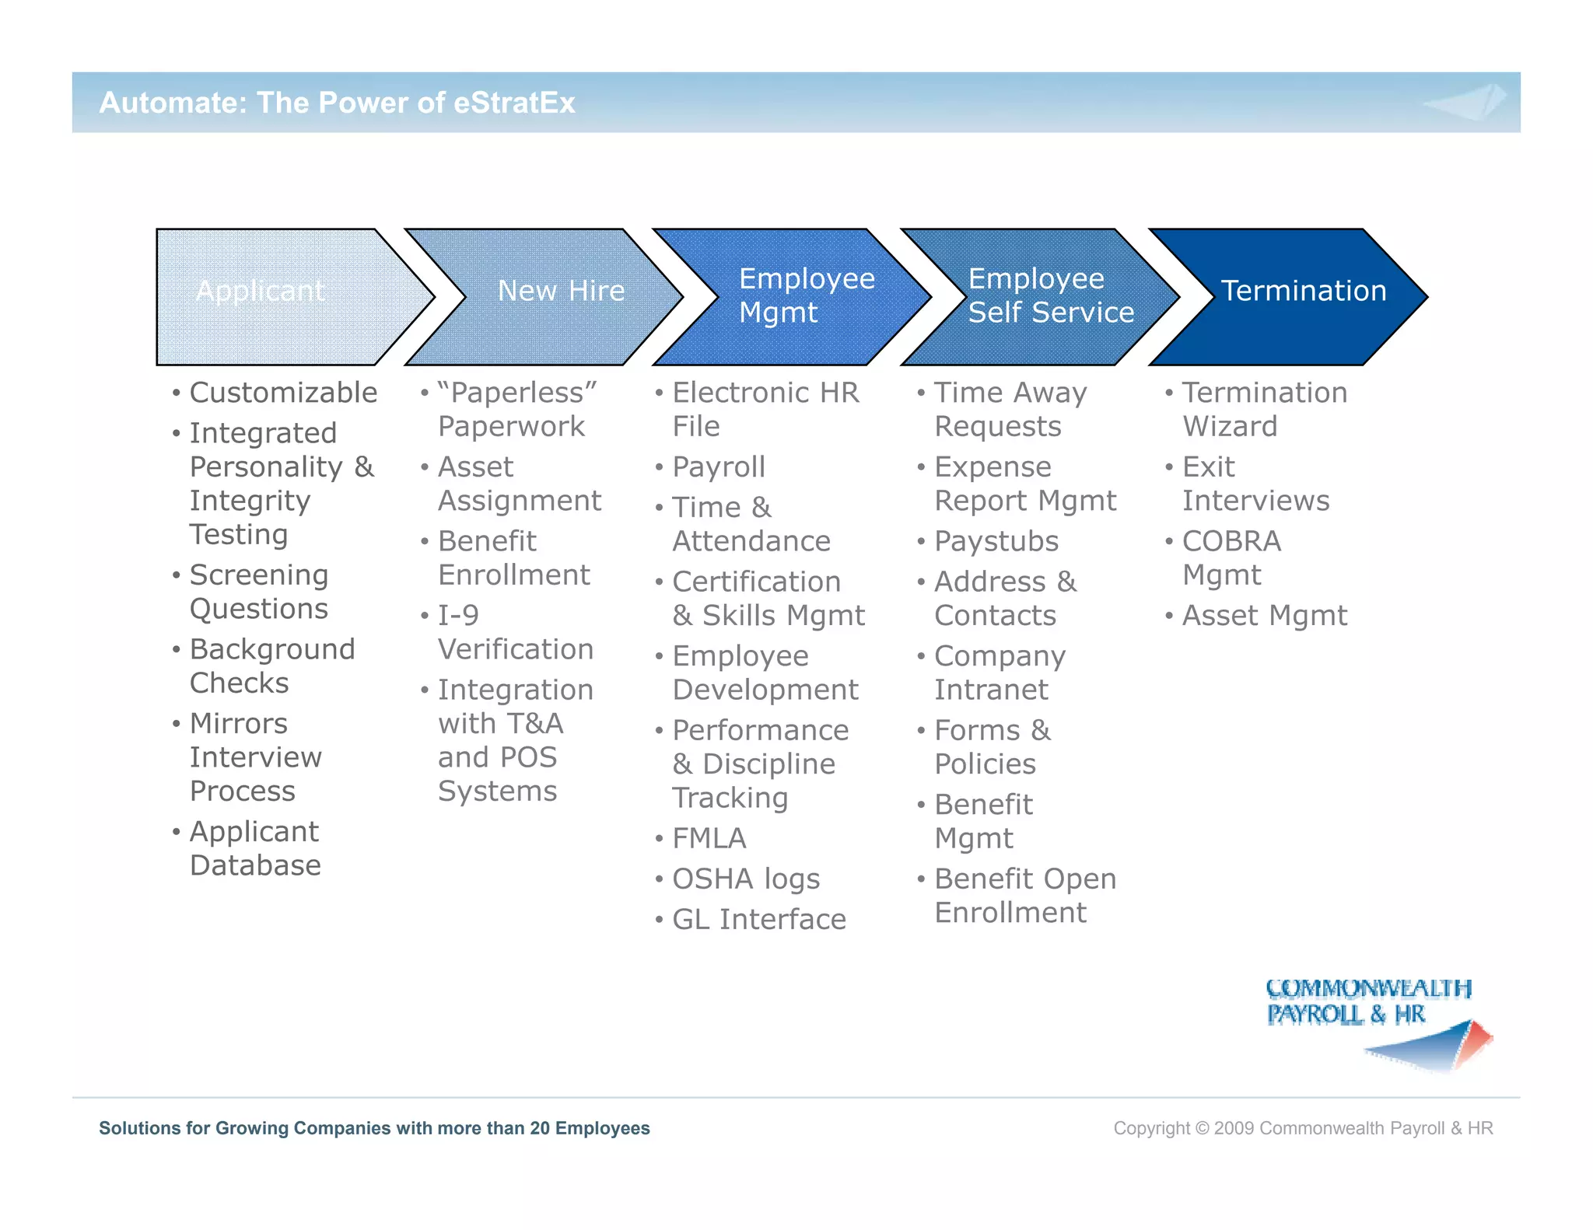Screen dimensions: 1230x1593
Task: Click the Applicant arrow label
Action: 260,291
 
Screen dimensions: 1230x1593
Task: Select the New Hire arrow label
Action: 561,291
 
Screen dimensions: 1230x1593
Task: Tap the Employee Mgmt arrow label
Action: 806,295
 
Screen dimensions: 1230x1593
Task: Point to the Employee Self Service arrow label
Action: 1050,295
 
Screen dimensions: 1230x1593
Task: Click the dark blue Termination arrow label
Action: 1304,291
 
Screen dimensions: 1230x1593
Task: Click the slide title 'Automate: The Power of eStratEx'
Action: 337,103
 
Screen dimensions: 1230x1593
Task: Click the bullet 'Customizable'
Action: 283,393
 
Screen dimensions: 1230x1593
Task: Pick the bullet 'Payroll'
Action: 719,467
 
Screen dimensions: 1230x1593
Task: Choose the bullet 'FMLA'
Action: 709,839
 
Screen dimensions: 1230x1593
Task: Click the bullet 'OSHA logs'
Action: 745,879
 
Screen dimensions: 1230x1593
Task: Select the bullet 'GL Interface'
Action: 758,920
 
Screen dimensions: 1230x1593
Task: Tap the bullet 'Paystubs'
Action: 996,541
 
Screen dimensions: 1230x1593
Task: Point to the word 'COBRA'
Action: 1231,541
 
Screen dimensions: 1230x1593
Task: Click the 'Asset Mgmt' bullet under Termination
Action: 1264,616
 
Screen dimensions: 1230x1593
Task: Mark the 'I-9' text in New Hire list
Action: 458,616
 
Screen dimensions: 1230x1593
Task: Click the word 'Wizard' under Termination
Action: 1230,427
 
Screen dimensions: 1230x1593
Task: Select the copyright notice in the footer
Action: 1303,1128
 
